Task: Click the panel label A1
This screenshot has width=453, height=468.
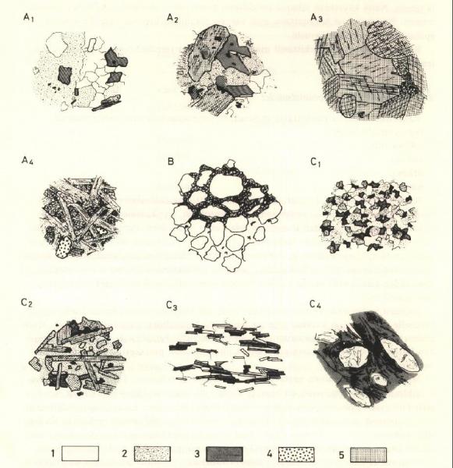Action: click(x=28, y=19)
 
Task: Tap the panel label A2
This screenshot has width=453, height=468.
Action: click(x=172, y=19)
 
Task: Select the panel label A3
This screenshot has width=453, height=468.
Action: click(x=317, y=19)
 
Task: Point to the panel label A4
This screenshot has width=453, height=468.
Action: click(x=27, y=161)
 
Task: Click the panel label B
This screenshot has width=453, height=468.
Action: click(x=171, y=161)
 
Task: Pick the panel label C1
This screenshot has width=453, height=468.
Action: click(x=316, y=162)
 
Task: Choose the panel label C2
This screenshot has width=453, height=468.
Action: click(x=27, y=303)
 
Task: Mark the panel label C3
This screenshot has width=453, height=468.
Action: click(x=172, y=306)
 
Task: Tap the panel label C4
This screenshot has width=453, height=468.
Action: click(x=316, y=304)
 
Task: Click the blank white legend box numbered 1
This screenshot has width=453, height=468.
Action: click(x=80, y=453)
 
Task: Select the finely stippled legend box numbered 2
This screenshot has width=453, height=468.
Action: click(x=152, y=454)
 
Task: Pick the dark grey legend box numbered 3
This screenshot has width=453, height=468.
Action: click(x=225, y=454)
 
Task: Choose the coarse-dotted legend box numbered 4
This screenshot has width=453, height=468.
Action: click(x=296, y=454)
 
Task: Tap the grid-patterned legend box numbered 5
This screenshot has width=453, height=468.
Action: click(x=368, y=454)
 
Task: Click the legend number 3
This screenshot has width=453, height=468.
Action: click(x=197, y=454)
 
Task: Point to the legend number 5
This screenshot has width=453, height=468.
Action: click(x=342, y=455)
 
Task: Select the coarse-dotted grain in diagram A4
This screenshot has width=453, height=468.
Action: click(x=64, y=246)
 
